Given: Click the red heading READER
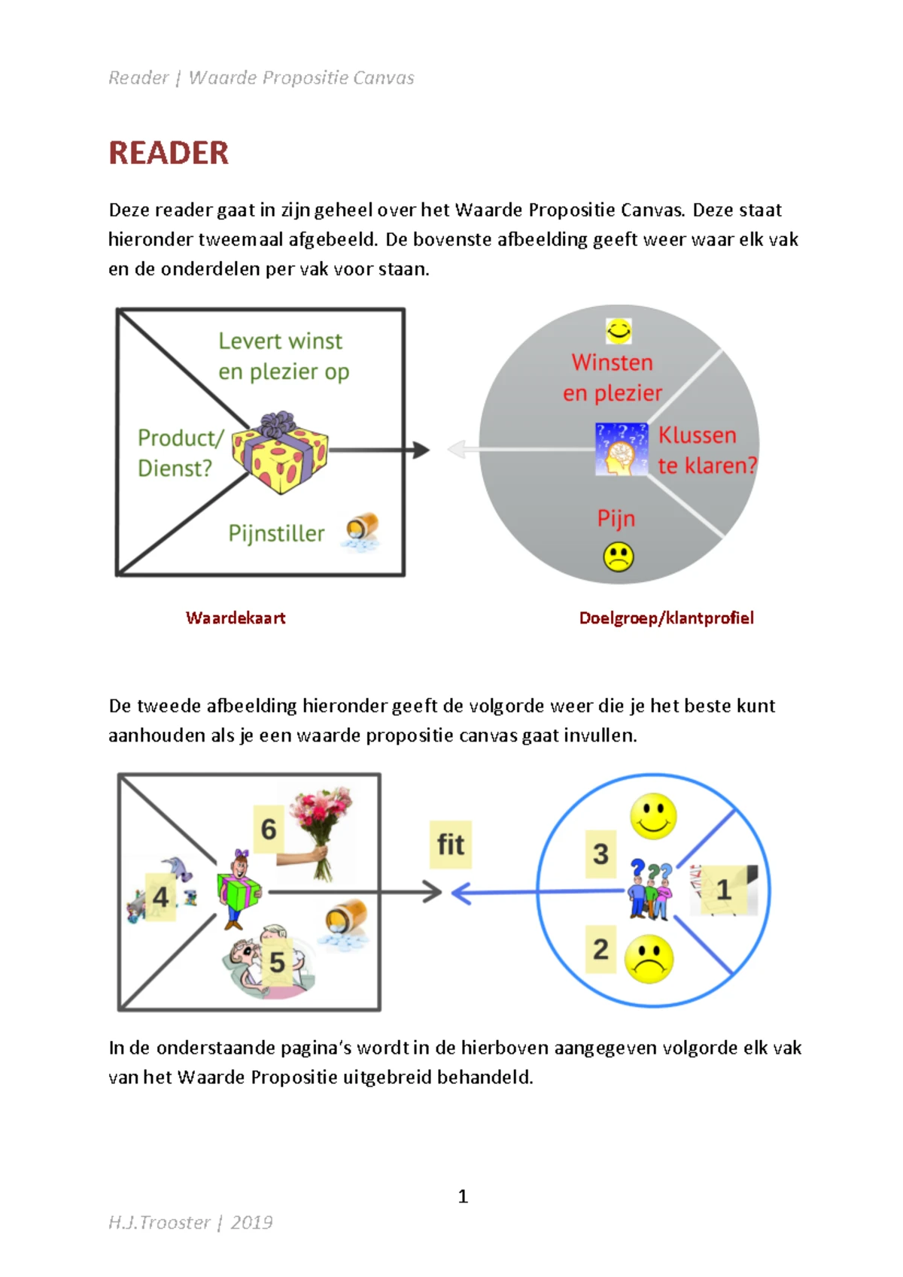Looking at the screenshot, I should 169,153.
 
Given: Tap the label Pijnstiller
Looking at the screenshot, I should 276,533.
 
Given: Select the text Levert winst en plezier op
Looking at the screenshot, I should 283,356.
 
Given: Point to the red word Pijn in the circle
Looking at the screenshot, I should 616,518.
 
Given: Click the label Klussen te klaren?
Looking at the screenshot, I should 706,450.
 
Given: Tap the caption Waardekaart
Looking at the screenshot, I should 236,618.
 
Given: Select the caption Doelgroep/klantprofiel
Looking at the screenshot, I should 666,618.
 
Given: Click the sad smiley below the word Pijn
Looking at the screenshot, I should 619,557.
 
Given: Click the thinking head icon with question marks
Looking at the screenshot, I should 621,449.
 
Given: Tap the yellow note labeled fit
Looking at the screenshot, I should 451,845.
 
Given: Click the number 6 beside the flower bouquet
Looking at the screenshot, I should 269,830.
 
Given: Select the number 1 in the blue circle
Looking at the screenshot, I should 723,890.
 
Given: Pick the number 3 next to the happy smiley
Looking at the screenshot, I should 600,854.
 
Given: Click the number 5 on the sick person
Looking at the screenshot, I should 277,962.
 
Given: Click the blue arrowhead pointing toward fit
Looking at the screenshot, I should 461,893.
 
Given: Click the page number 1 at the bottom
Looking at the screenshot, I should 463,1197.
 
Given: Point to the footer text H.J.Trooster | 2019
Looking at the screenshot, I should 190,1223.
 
